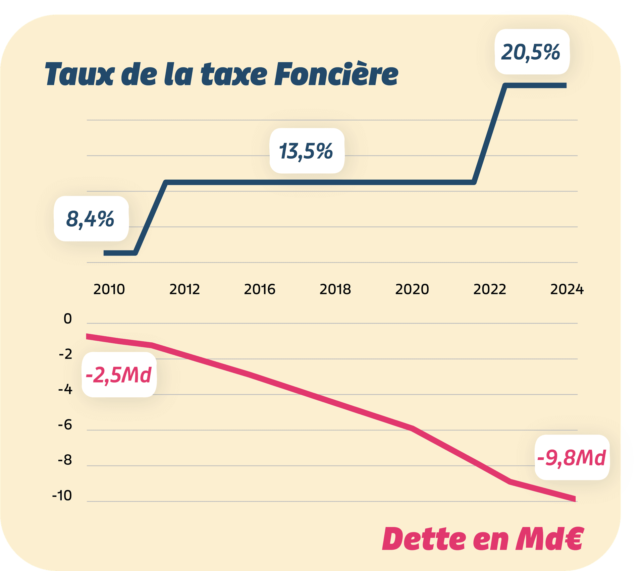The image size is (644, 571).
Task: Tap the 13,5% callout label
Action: (x=307, y=151)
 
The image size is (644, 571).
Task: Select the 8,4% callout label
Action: (x=91, y=219)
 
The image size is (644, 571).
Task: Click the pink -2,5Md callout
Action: (x=119, y=375)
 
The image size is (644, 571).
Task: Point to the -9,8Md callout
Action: (x=572, y=458)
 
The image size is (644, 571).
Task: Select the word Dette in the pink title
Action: (x=424, y=539)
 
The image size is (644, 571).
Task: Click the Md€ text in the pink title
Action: (x=550, y=539)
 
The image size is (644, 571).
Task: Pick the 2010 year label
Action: (x=109, y=289)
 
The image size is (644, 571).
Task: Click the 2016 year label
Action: (x=259, y=289)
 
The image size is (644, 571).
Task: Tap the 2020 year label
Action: (x=412, y=289)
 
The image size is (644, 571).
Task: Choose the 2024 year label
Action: (x=567, y=289)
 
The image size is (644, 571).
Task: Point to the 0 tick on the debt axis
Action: (x=68, y=319)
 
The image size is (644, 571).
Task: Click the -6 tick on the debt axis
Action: (x=65, y=425)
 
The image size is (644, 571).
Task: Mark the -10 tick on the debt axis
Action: (x=62, y=496)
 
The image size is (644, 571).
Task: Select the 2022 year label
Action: (x=489, y=289)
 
